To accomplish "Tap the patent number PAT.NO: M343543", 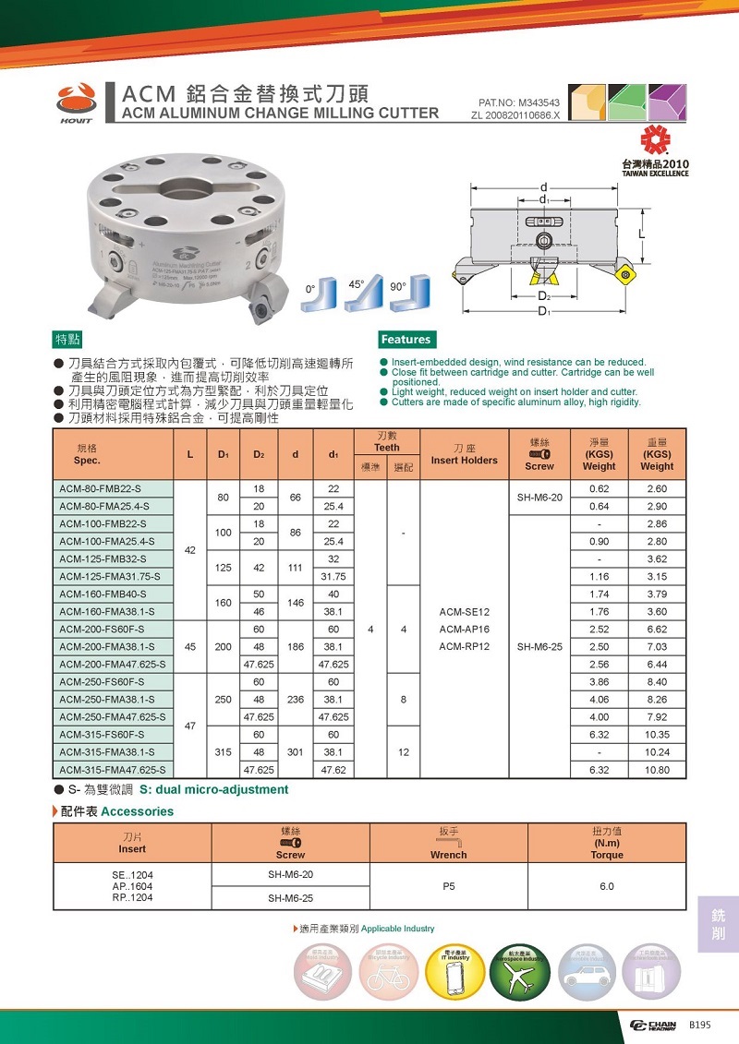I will coord(519,102).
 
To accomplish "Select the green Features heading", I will coord(406,339).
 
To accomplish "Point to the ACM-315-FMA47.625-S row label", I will coord(113,769).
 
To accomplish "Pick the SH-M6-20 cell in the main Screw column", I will coord(539,498).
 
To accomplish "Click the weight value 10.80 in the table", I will coord(657,769).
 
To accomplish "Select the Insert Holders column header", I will coord(464,460).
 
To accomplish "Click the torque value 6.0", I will coord(606,886).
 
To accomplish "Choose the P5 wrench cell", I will coord(449,886).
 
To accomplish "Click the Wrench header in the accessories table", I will coord(449,855).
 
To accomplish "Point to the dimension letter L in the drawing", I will coord(641,235).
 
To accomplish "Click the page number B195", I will coord(699,1025).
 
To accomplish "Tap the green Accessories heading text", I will coord(137,811).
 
